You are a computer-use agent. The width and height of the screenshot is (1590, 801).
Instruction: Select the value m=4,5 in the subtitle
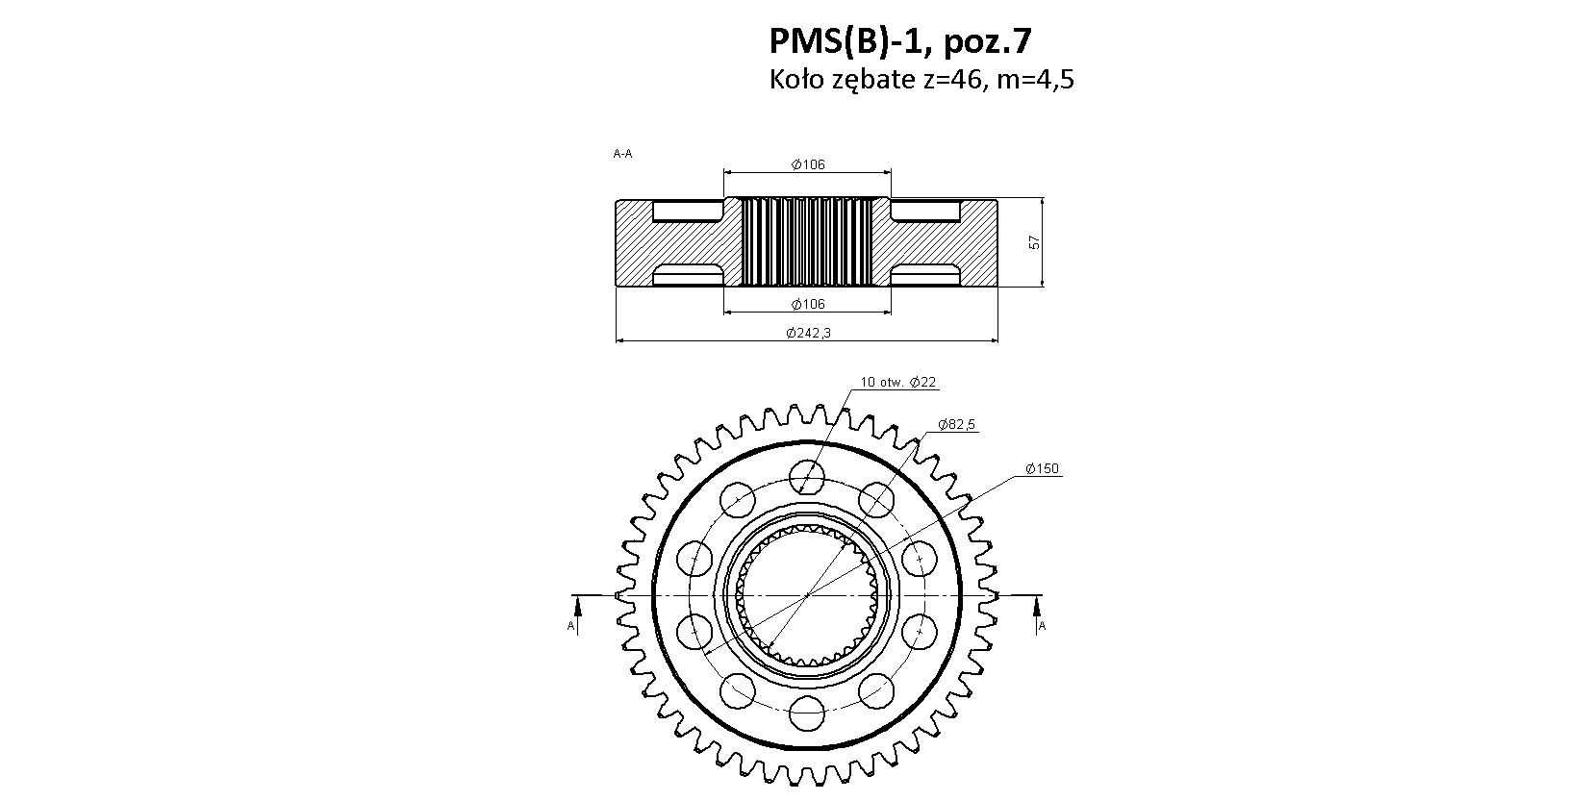[1036, 80]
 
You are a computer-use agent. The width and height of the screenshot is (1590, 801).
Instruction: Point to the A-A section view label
[622, 153]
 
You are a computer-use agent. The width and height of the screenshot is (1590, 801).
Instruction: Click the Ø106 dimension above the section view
[808, 164]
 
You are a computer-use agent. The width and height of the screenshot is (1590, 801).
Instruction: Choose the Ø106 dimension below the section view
[808, 305]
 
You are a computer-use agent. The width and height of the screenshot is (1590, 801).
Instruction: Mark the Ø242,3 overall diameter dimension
[808, 333]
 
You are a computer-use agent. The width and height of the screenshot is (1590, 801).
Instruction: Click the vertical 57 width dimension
[1034, 242]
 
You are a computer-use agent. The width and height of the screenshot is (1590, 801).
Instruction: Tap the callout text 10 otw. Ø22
[898, 382]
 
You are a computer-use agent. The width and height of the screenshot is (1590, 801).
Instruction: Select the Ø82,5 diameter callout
[956, 424]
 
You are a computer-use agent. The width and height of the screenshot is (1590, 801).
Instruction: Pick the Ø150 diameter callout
[1042, 468]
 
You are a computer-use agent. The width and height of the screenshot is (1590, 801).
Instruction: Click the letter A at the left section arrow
[570, 626]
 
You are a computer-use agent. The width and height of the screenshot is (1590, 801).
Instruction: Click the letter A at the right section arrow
[1042, 626]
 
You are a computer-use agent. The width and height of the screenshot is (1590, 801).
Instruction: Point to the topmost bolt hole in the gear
[807, 476]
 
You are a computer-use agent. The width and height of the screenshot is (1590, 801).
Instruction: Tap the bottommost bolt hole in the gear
[807, 713]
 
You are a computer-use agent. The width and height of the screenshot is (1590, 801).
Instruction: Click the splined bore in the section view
[807, 242]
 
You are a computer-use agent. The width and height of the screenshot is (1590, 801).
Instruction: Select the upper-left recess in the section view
[687, 211]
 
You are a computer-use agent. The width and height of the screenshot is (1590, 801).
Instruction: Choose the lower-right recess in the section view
[925, 274]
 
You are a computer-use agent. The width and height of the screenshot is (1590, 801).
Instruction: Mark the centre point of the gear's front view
[807, 594]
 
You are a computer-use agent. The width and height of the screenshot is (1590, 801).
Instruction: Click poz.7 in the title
[987, 42]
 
